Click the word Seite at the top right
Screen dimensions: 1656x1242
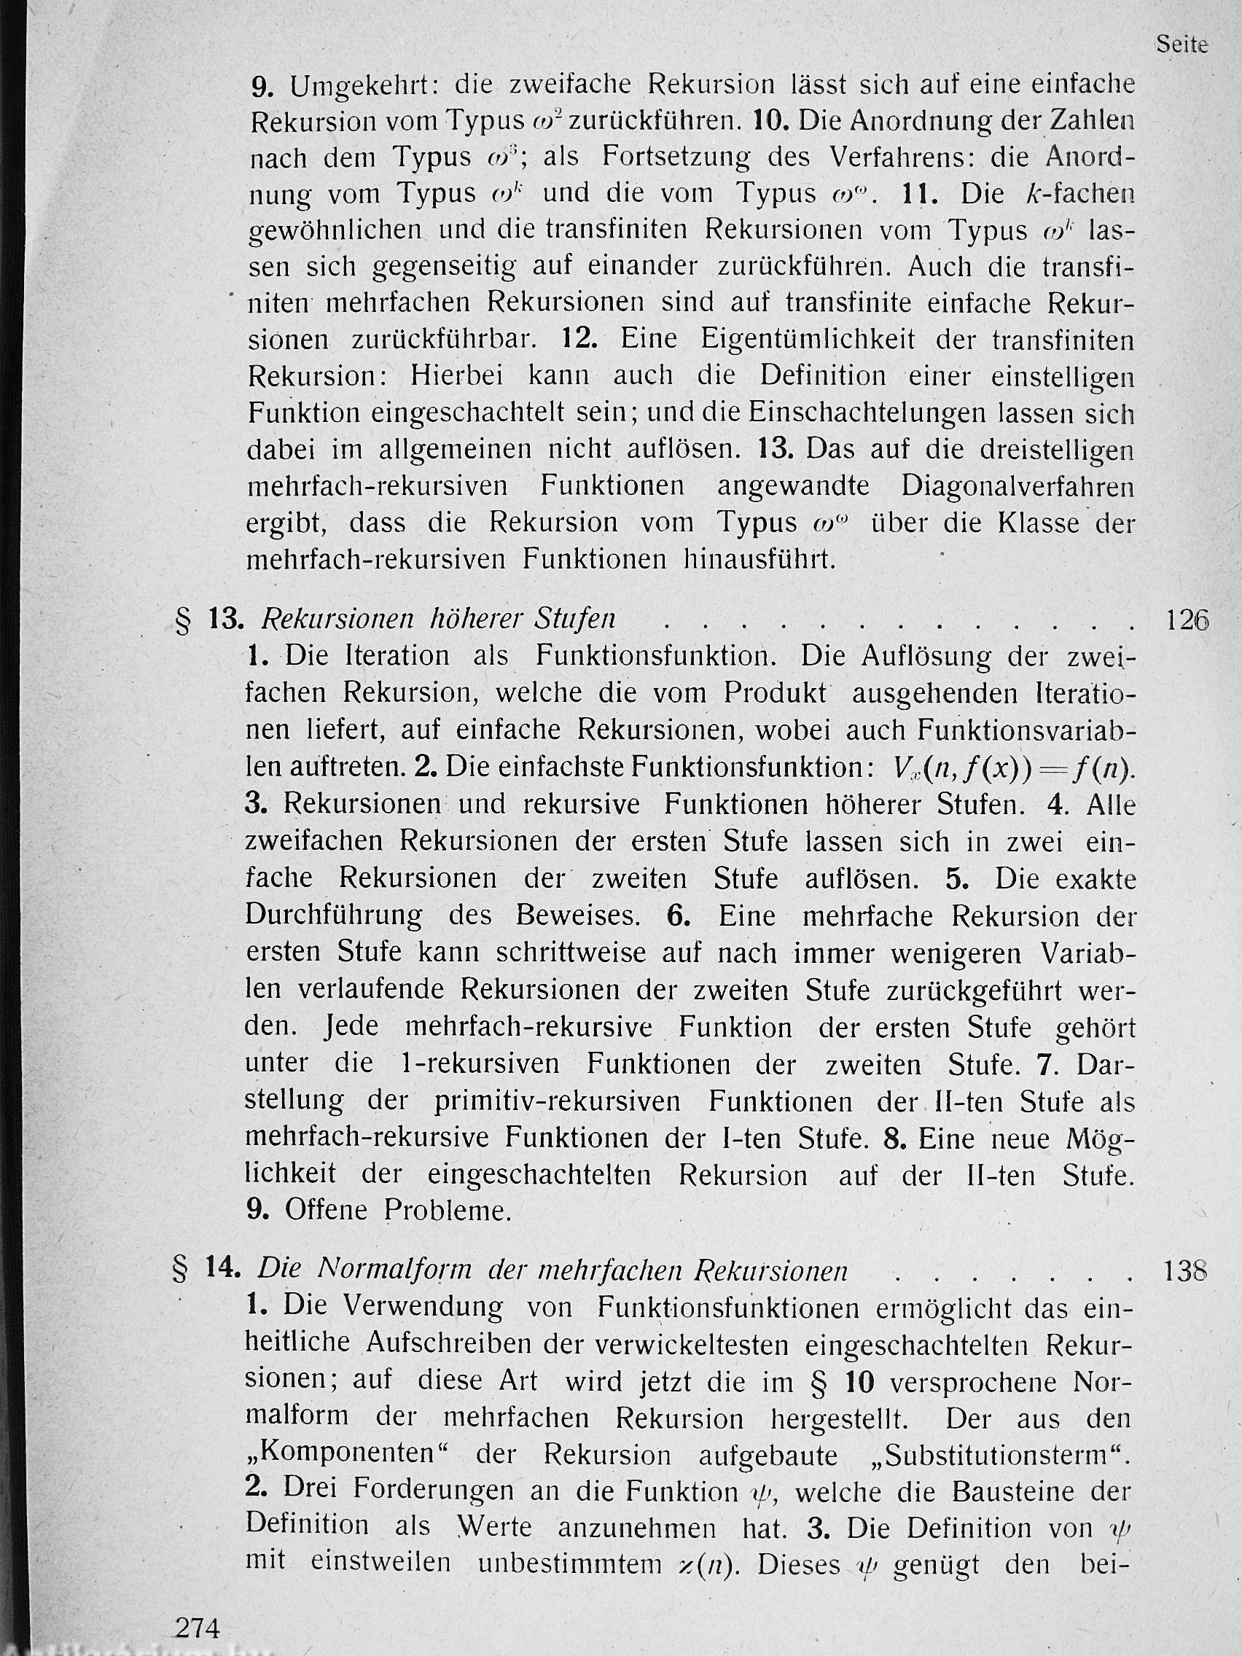coord(1182,44)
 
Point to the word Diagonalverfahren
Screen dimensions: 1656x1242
coord(1018,487)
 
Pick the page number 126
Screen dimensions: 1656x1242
coord(1187,620)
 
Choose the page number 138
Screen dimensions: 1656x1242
coord(1187,1271)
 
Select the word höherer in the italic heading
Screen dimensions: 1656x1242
coord(478,620)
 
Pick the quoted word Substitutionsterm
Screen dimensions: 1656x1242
coord(996,1454)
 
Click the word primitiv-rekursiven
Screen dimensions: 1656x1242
coord(556,1102)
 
